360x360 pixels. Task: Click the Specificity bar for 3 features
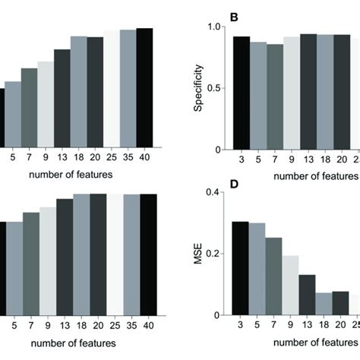coord(241,93)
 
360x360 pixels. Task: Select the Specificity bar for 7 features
coord(275,96)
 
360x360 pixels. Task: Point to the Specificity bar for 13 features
coord(308,92)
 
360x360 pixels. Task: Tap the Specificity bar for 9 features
coord(292,93)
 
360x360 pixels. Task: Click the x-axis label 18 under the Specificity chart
coord(325,160)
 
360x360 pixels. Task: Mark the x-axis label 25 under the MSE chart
coord(355,326)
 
